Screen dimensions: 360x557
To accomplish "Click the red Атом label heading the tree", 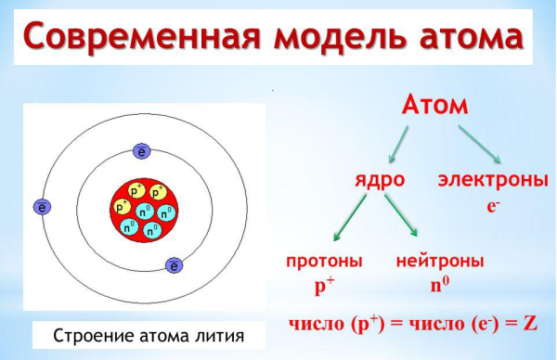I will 435,105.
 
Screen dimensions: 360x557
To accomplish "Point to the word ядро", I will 380,180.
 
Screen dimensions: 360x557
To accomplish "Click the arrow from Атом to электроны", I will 479,141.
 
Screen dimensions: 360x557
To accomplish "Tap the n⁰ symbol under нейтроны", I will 439,285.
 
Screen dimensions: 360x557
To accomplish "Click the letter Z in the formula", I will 531,325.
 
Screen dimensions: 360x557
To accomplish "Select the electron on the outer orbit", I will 41,207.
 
